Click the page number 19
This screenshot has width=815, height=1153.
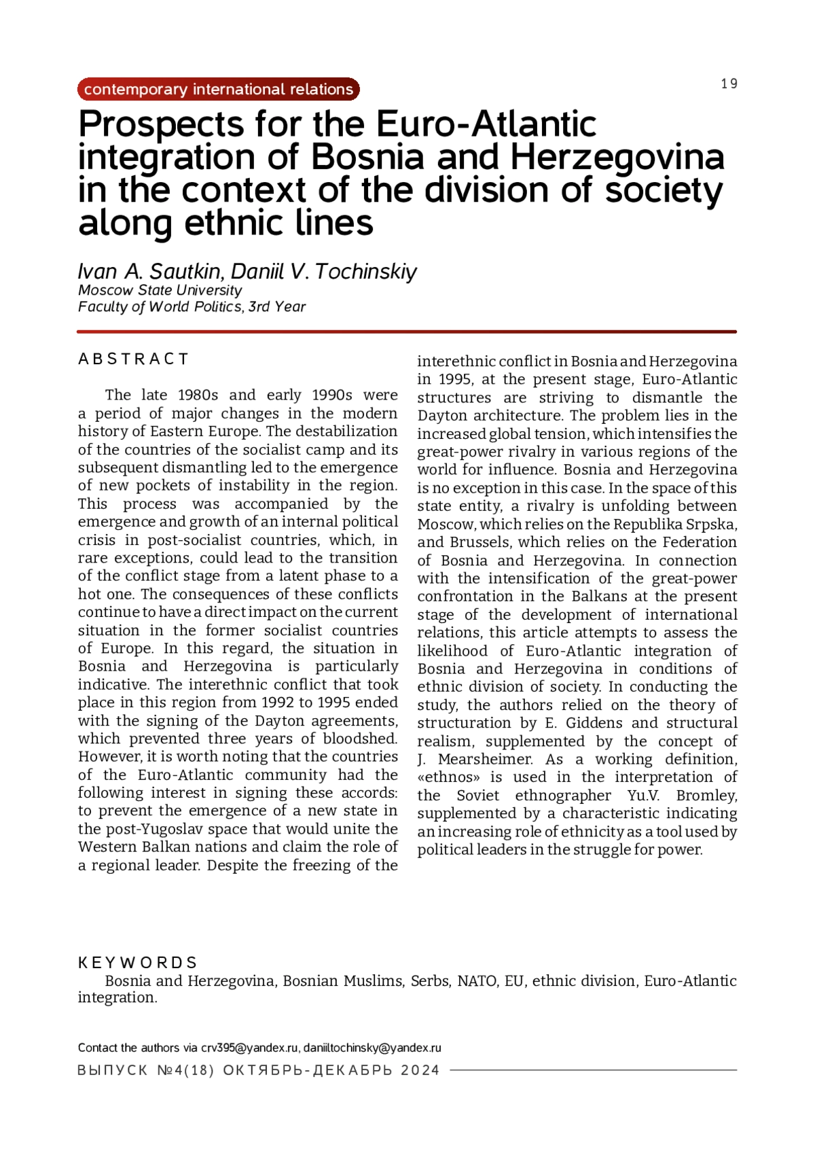(729, 84)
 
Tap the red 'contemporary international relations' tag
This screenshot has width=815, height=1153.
(218, 89)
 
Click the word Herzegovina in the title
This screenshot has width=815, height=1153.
(617, 157)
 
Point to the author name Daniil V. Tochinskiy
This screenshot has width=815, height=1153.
(324, 271)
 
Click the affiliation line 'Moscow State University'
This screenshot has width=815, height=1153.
(160, 290)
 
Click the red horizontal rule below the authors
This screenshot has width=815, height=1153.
(406, 332)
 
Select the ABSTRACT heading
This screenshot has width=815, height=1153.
(133, 359)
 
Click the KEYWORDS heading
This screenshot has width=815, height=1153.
(137, 963)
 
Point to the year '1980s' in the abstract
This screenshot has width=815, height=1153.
(198, 395)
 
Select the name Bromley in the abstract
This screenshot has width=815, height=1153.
(706, 795)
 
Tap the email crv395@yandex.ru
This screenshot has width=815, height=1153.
(249, 1048)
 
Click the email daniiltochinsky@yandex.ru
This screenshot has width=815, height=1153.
(372, 1048)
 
